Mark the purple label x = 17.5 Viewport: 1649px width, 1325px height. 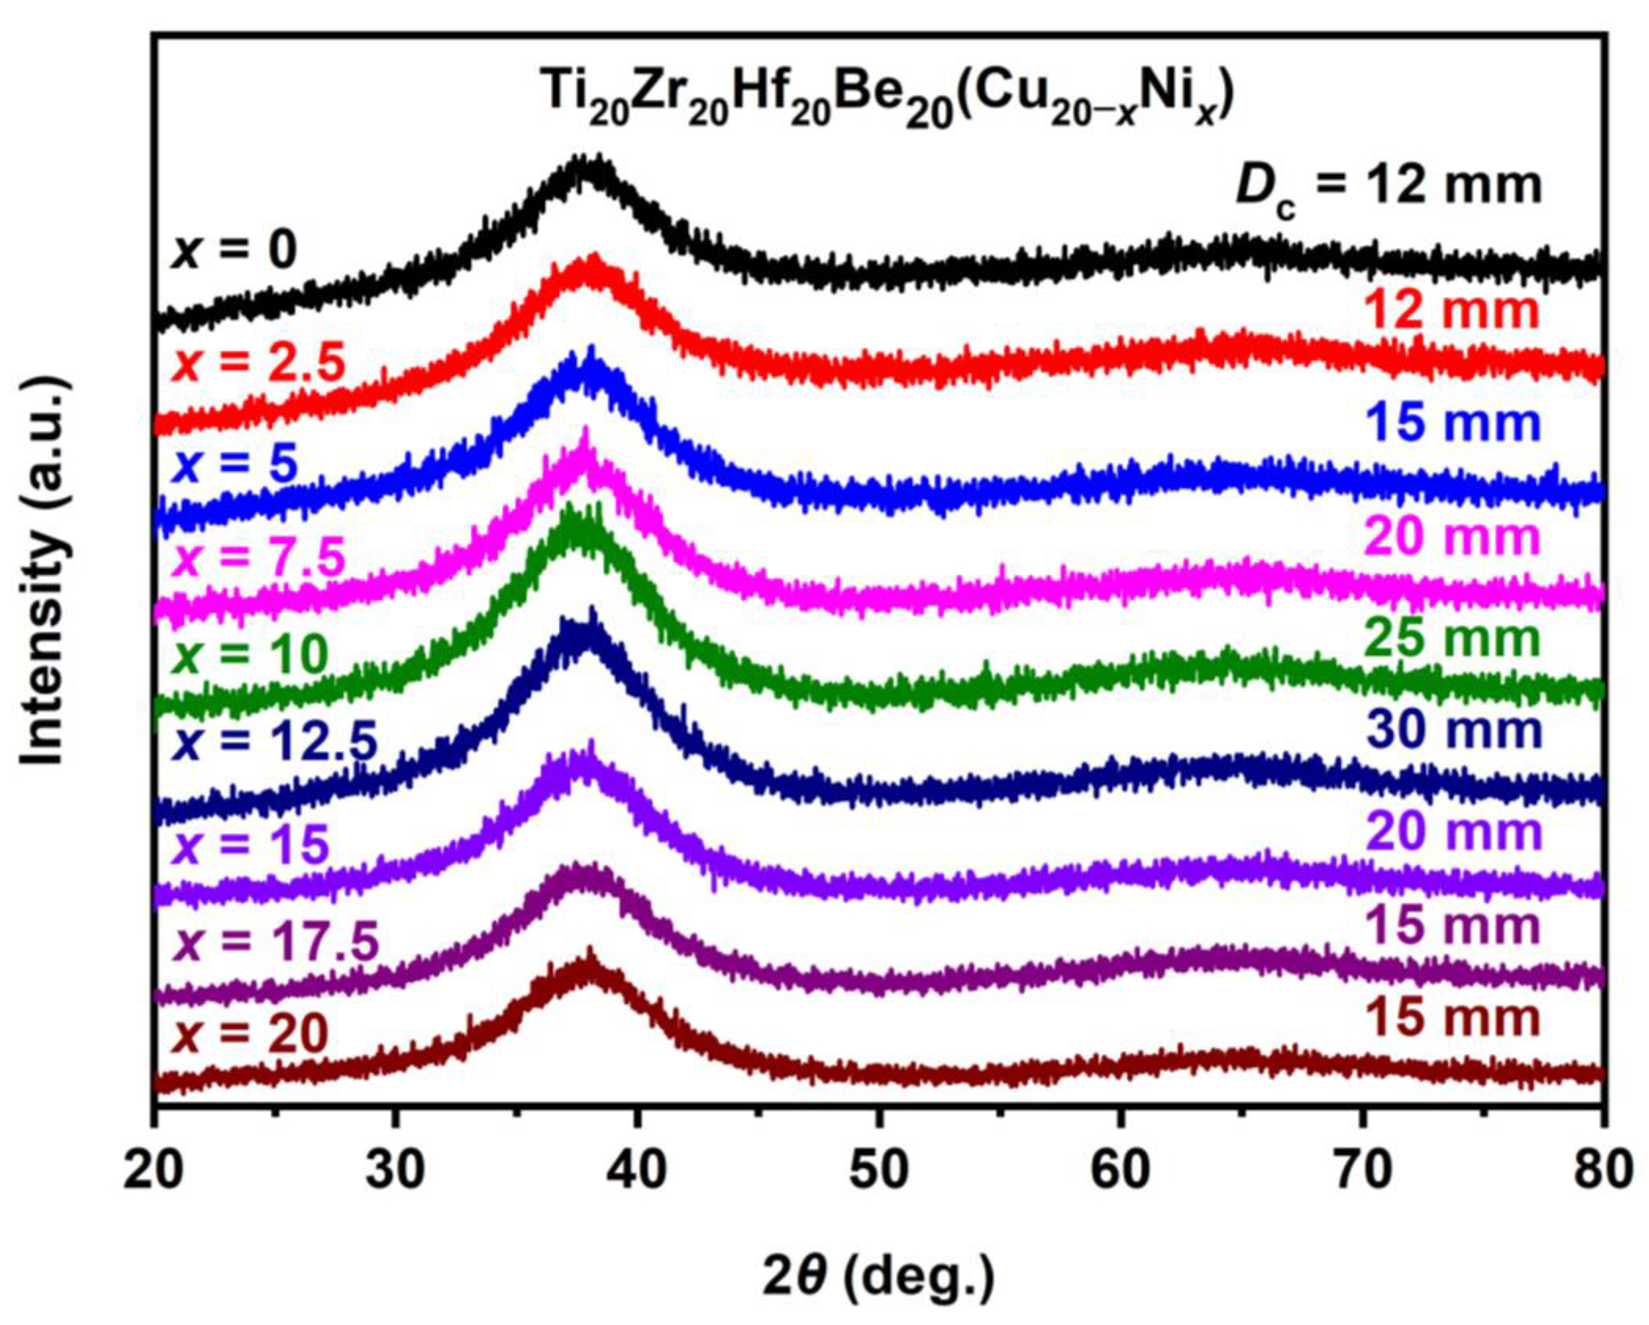pyautogui.click(x=276, y=942)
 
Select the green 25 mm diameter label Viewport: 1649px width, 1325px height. pyautogui.click(x=1453, y=639)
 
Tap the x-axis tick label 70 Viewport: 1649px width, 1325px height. pyautogui.click(x=1361, y=1171)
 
